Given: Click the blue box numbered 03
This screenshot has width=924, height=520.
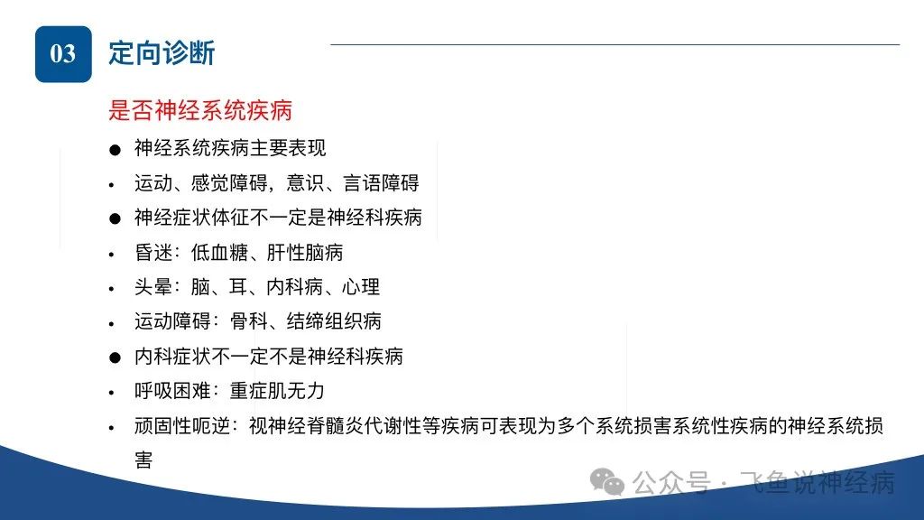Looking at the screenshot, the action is [x=64, y=54].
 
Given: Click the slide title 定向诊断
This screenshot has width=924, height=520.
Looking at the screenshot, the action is [x=162, y=53].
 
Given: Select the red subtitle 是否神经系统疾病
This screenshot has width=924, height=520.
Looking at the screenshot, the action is [x=200, y=110].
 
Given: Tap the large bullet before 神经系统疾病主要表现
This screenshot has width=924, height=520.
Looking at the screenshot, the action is [x=115, y=150].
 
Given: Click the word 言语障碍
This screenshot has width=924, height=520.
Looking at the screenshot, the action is [x=381, y=183].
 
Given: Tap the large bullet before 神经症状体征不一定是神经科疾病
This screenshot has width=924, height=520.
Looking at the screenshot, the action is [x=115, y=218].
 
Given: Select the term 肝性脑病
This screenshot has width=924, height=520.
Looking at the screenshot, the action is [x=305, y=253].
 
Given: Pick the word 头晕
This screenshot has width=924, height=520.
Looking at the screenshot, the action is [x=153, y=287].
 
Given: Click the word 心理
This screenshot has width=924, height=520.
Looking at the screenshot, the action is [x=361, y=287].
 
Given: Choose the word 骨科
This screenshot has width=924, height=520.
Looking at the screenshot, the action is [x=249, y=321].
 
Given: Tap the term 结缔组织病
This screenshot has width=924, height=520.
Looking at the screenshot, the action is [x=334, y=321].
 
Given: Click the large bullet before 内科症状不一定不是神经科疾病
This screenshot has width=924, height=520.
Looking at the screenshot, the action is [x=115, y=357].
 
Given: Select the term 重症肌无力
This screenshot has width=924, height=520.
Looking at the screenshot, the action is [x=277, y=391].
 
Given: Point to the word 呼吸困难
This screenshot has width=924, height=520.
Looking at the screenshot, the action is [x=172, y=391].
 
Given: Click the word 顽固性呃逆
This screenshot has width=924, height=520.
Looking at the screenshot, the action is [x=181, y=426].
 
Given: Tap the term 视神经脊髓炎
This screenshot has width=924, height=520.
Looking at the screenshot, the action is [x=306, y=426].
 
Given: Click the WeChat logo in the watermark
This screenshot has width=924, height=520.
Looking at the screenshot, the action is [x=607, y=482].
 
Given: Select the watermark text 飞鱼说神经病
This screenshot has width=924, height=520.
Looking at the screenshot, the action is [x=817, y=483].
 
